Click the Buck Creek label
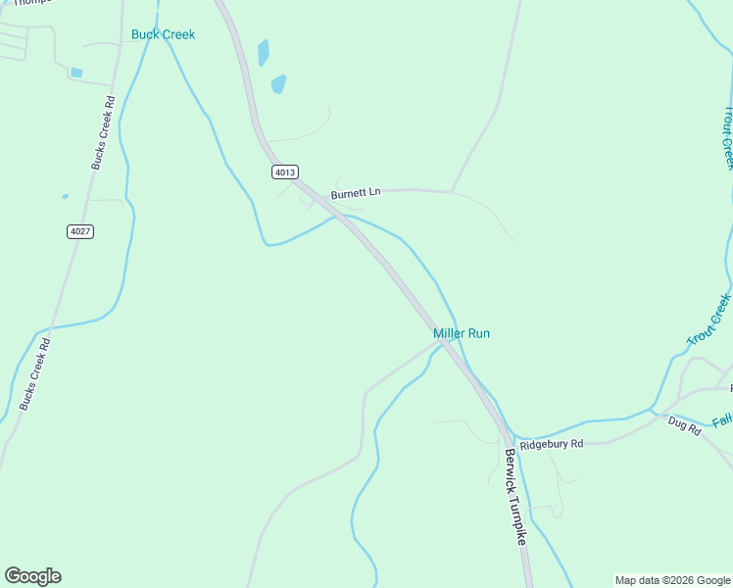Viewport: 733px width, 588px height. (x=164, y=34)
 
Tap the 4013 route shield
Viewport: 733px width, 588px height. (x=284, y=171)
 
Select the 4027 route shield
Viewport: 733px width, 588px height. (x=80, y=231)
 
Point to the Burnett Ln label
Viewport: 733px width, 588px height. (x=355, y=194)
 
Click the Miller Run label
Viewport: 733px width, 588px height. (x=462, y=333)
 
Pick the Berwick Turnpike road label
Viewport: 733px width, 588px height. (x=516, y=497)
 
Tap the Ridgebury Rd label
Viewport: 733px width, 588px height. (x=552, y=444)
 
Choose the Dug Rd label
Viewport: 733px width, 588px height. (x=685, y=424)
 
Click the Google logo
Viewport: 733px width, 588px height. (x=33, y=576)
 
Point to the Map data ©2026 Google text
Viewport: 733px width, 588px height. (x=672, y=580)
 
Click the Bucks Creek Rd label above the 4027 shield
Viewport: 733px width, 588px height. (x=104, y=132)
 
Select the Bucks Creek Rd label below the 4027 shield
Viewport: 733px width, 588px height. (x=35, y=373)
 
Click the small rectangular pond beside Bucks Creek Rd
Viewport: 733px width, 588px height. (x=76, y=73)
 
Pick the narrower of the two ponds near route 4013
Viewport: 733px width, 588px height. (x=263, y=52)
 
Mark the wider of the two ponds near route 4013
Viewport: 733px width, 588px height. (x=279, y=83)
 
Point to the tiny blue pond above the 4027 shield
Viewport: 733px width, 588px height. (x=66, y=196)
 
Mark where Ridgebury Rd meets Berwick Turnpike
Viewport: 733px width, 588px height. (x=508, y=437)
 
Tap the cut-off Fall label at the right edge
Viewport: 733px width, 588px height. (x=722, y=421)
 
